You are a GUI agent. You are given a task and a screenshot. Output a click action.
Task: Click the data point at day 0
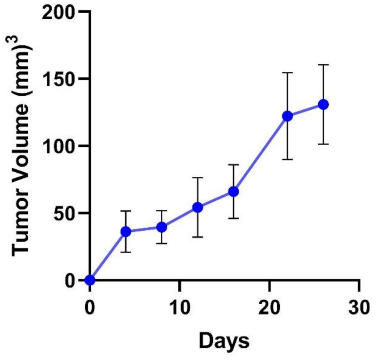pyautogui.click(x=90, y=280)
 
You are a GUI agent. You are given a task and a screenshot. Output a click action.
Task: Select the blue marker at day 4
pyautogui.click(x=126, y=231)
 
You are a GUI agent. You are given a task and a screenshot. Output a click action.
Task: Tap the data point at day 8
pyautogui.click(x=162, y=227)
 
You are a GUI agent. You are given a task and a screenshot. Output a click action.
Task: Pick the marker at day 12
pyautogui.click(x=197, y=207)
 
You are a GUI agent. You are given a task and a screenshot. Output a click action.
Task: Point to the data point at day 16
pyautogui.click(x=233, y=191)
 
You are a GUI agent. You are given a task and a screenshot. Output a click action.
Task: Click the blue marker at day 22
pyautogui.click(x=287, y=116)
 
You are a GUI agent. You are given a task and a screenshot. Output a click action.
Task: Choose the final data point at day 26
pyautogui.click(x=323, y=104)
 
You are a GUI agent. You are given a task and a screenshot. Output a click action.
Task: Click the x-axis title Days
pyautogui.click(x=224, y=340)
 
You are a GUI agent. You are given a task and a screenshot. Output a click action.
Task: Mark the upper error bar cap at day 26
pyautogui.click(x=323, y=65)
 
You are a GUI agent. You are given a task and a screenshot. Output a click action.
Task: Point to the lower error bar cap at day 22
pyautogui.click(x=287, y=159)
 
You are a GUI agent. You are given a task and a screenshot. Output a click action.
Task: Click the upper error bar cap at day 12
pyautogui.click(x=197, y=178)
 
